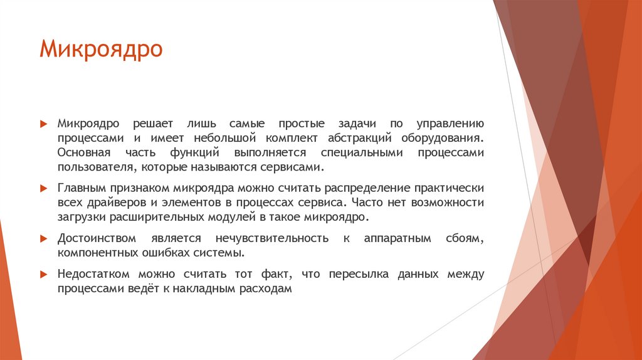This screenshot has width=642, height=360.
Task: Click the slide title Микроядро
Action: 101,49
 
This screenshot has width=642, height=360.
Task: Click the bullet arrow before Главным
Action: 43,188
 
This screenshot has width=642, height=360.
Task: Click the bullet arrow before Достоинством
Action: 43,239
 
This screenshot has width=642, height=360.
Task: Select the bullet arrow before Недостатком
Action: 43,275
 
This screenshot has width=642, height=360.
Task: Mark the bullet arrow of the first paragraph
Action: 43,124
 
